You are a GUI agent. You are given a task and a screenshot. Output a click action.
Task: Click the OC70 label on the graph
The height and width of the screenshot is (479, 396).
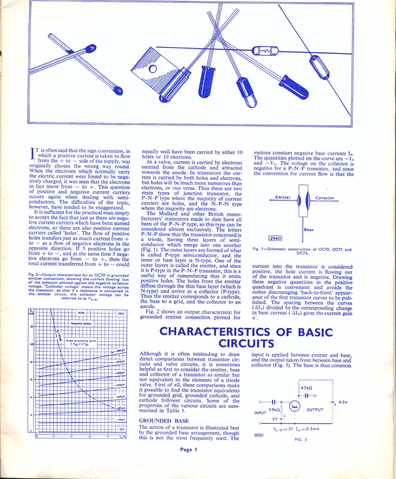click(x=81, y=313)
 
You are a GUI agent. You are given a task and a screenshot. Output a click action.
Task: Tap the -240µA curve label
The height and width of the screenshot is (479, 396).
click(x=119, y=362)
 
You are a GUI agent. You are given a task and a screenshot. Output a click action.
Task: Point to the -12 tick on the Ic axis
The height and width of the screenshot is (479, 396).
click(x=32, y=327)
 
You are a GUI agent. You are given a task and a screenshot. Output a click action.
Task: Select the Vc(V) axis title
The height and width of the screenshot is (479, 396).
click(x=123, y=437)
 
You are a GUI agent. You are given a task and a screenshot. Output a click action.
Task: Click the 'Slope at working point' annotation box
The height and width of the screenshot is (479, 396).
click(x=81, y=343)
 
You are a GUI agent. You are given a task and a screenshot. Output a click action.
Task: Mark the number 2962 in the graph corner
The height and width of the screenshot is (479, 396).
click(x=121, y=313)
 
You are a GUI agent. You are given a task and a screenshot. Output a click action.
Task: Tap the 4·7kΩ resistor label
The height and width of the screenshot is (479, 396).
click(x=306, y=388)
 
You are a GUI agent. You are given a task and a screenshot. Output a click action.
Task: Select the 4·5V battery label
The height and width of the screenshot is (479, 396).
click(x=343, y=402)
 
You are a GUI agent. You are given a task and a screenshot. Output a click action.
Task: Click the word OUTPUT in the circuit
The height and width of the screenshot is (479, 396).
click(x=315, y=410)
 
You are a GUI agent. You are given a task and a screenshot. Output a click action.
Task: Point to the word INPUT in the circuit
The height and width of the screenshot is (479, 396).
click(x=260, y=413)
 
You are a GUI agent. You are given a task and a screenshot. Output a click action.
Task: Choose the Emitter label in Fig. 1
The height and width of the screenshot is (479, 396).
click(x=283, y=197)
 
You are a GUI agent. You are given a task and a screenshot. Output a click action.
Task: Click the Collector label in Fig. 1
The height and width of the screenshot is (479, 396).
click(x=324, y=198)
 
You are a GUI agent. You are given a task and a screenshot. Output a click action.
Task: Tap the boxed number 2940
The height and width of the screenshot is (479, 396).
click(x=275, y=239)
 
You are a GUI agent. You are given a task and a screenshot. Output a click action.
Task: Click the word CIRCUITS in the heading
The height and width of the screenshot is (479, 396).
click(x=246, y=343)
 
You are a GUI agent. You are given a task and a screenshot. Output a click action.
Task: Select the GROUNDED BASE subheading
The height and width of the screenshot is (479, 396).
click(x=164, y=421)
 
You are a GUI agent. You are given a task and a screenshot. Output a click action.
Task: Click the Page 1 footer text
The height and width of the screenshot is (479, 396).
click(x=189, y=449)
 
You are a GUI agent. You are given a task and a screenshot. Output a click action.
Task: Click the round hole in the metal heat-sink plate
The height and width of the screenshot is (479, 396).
click(x=153, y=69)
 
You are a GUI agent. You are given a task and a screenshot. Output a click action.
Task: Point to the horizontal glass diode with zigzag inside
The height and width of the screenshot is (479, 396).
click(x=265, y=51)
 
